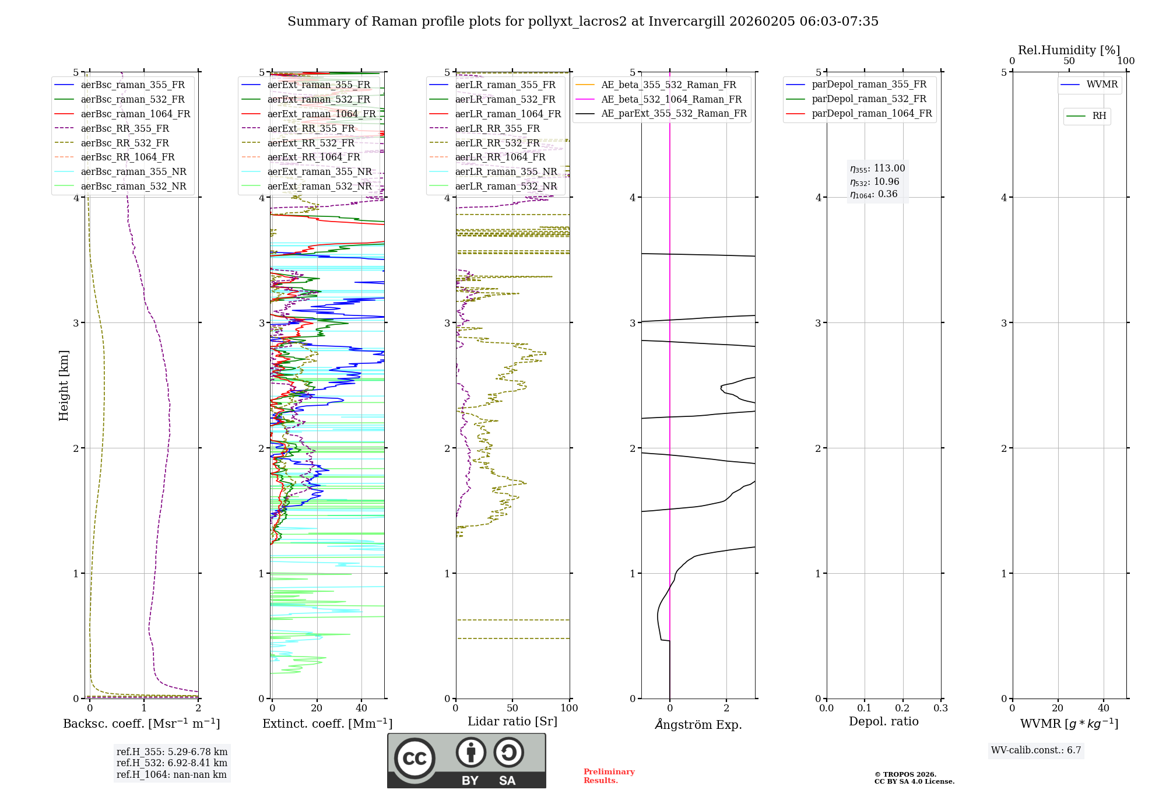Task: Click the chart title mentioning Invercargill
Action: click(x=582, y=22)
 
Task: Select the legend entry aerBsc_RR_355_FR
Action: click(x=125, y=128)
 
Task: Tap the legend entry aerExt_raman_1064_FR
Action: click(x=321, y=114)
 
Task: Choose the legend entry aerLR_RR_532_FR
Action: click(x=497, y=143)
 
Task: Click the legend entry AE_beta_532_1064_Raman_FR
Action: click(x=671, y=99)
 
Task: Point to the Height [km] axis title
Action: click(x=64, y=385)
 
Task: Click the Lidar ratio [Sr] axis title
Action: click(x=512, y=721)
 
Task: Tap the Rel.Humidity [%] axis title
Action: click(x=1069, y=50)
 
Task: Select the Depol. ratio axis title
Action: click(x=883, y=721)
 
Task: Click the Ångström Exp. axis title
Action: click(x=698, y=724)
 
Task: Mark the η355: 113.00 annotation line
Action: click(x=877, y=169)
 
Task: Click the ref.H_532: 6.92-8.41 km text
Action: click(x=172, y=763)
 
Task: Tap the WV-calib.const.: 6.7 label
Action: click(x=1036, y=750)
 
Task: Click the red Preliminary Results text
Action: click(x=609, y=776)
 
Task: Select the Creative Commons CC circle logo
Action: click(x=415, y=759)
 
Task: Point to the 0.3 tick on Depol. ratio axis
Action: click(x=940, y=708)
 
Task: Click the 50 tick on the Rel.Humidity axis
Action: click(x=1069, y=61)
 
